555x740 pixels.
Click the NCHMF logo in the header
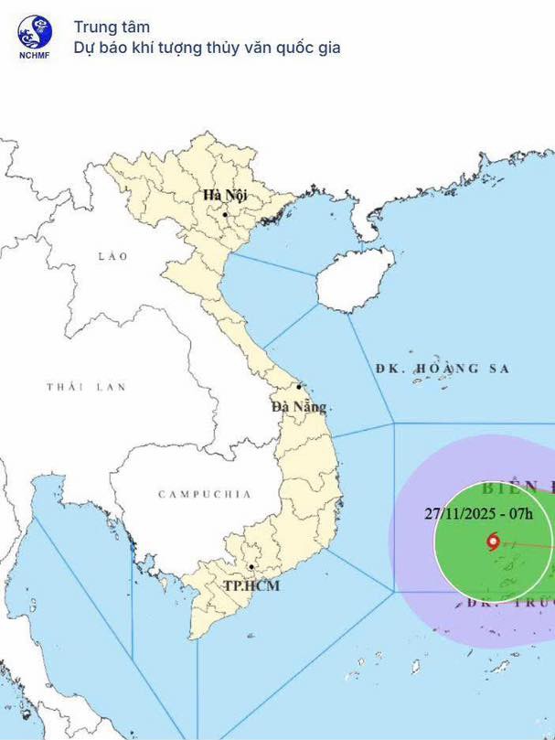35,33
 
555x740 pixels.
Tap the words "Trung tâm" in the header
112,27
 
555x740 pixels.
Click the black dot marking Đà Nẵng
299,387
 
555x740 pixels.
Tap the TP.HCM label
251,585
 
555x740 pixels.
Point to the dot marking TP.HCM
251,553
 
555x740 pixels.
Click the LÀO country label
113,256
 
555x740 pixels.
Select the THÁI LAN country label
86,387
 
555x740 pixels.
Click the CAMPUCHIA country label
204,494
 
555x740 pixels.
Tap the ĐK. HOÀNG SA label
443,369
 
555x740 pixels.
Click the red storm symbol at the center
494,542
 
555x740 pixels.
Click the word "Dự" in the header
85,48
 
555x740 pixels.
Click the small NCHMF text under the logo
35,54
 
